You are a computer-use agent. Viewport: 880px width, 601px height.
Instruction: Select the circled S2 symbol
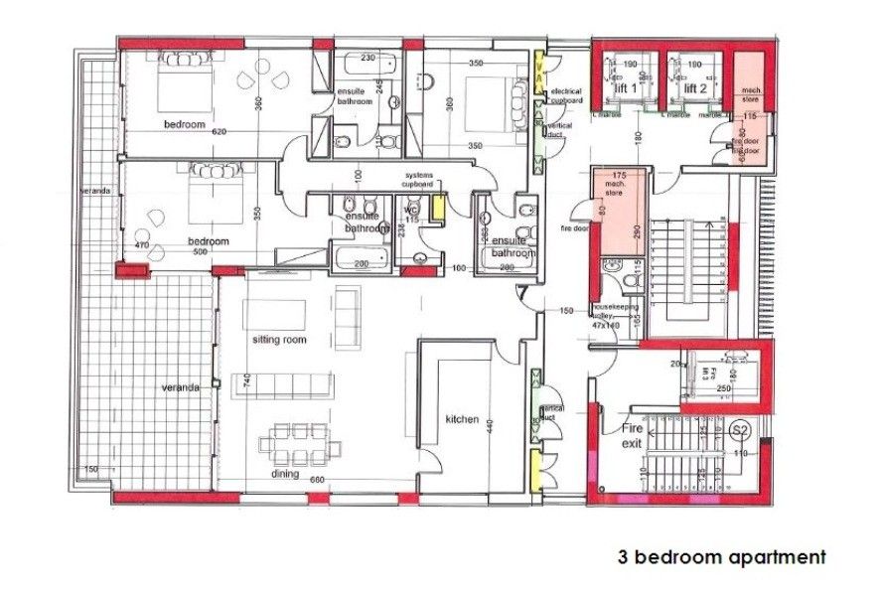tap(739, 430)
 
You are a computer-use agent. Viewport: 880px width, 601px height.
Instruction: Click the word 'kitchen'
tap(463, 419)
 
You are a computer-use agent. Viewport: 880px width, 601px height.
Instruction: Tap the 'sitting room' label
tap(279, 340)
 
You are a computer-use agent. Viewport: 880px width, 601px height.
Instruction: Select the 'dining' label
tap(286, 474)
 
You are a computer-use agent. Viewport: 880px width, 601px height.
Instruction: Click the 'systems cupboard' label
tap(418, 179)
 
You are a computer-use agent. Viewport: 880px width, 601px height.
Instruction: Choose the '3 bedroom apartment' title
tap(722, 557)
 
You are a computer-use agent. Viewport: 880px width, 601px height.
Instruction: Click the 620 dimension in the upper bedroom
tap(220, 132)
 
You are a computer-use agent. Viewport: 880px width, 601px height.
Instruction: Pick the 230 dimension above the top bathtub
tap(367, 58)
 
